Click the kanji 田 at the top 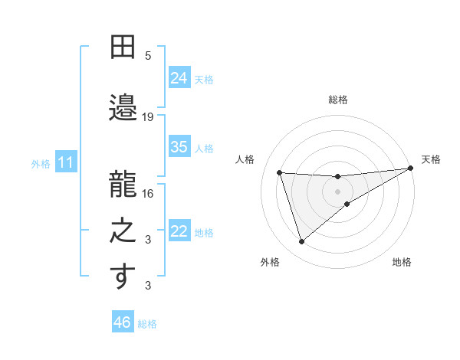tap(123, 47)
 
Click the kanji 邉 tap(123, 106)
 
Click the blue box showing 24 tap(179, 78)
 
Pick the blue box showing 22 tap(179, 231)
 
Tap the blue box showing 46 tap(123, 322)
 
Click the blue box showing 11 tap(66, 162)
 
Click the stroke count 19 tap(148, 117)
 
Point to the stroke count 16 tap(148, 194)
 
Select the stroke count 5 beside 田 tap(148, 56)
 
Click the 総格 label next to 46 tap(147, 324)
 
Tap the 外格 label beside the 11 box tap(41, 163)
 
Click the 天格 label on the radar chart tap(431, 159)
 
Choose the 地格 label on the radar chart tap(402, 262)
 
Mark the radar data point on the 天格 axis tap(410, 169)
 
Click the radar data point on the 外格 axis tap(301, 242)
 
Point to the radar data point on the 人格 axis tap(280, 172)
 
